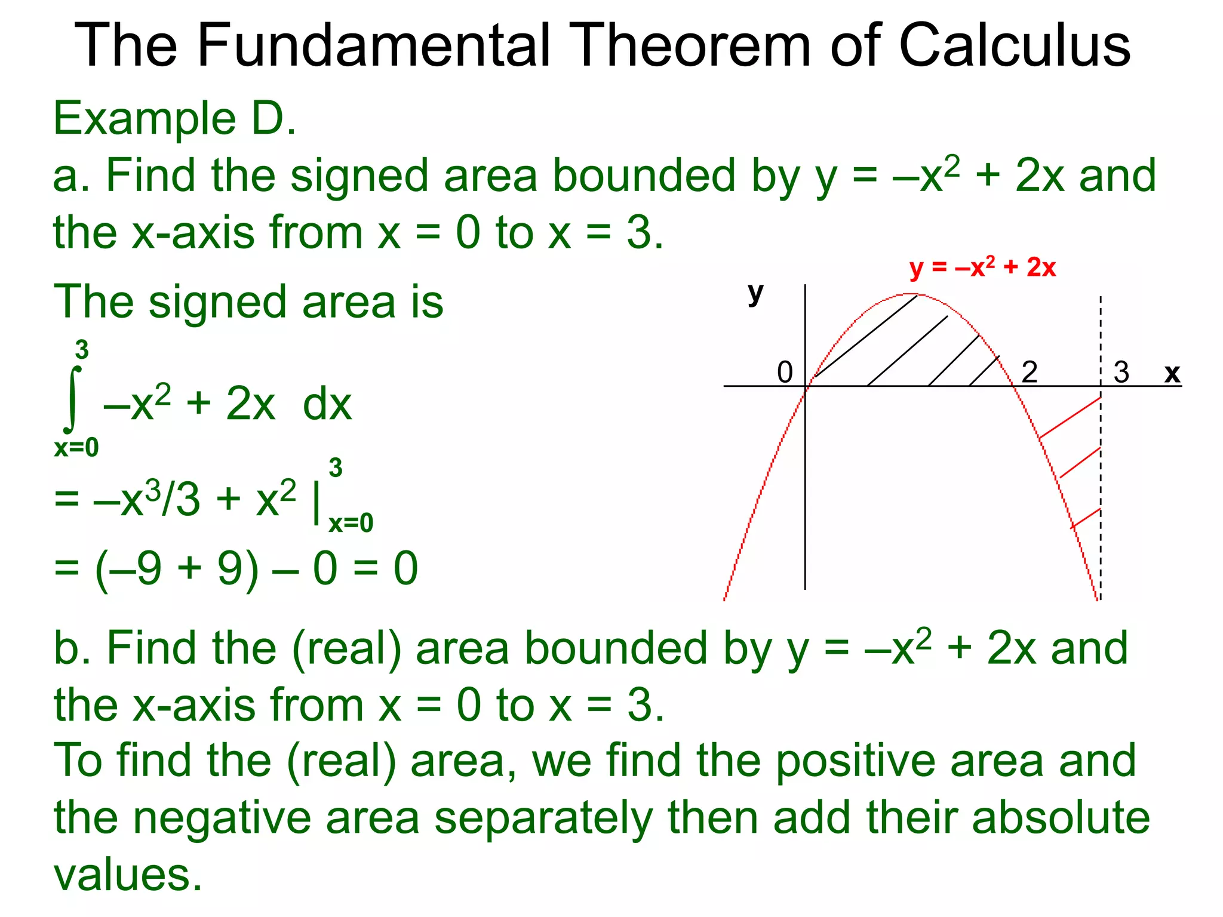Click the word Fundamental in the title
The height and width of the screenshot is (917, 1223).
coord(373,45)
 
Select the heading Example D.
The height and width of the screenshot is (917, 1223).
coord(174,119)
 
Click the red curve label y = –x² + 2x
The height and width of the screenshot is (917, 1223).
coord(983,267)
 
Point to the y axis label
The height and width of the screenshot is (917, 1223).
coord(755,293)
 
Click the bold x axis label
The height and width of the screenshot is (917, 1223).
coord(1172,373)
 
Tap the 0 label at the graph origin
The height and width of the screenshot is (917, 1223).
coord(785,373)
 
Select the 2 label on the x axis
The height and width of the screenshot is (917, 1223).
coord(1030,373)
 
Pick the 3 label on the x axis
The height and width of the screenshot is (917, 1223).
coord(1121,373)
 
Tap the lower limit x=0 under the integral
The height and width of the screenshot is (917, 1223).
coord(76,448)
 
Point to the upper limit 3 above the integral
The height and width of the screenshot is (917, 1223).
coord(82,350)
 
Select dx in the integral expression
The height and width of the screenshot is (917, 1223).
coord(327,405)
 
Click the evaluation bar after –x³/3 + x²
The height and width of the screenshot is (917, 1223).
coord(316,503)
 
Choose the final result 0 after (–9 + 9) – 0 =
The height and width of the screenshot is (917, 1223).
coord(405,568)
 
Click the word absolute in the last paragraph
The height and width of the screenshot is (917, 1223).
coord(1061,817)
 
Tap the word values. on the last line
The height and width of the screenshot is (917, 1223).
coord(128,875)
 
